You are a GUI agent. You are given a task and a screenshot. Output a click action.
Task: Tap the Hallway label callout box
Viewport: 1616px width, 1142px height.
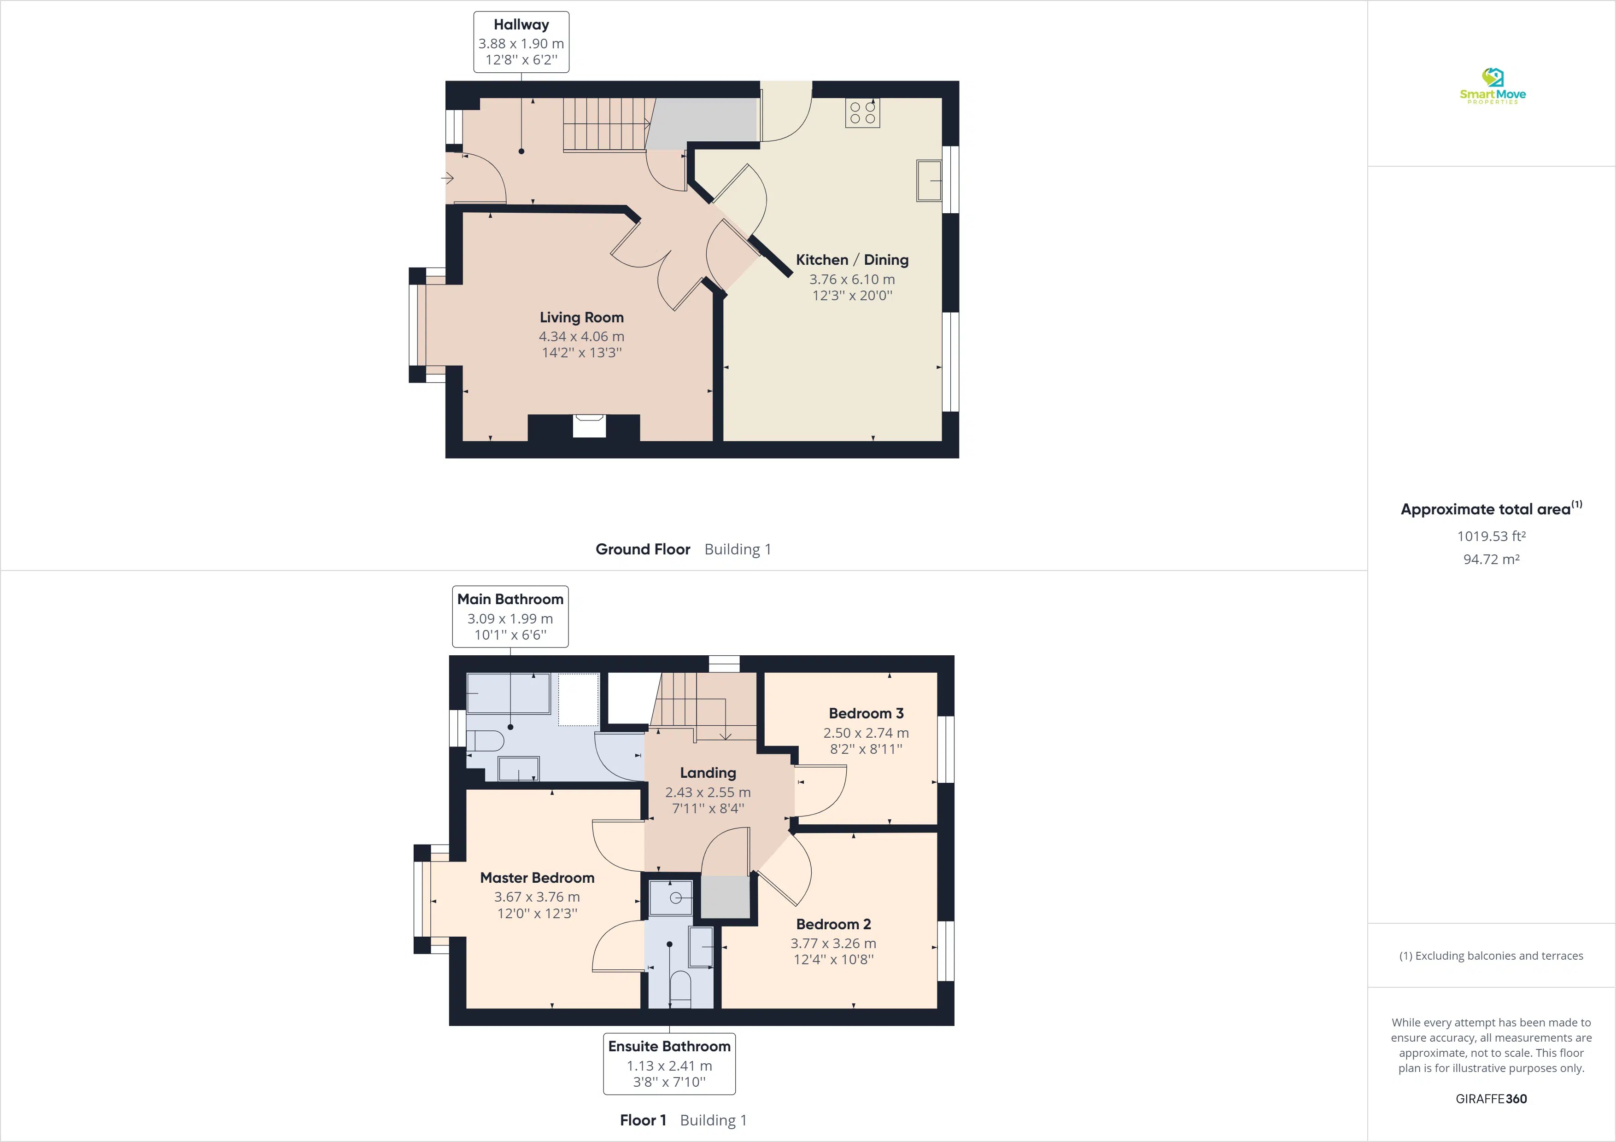(521, 42)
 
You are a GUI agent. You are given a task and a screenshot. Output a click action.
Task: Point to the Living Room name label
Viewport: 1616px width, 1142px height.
(581, 317)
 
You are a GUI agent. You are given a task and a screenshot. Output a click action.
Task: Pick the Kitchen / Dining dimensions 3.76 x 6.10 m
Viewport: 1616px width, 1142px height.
(852, 280)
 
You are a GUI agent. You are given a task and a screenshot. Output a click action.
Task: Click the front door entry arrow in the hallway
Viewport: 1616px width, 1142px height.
(448, 179)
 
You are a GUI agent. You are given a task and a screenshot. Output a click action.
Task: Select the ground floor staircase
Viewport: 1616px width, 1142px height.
(605, 124)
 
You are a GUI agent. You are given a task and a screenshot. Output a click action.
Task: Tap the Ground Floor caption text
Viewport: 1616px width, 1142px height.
(643, 549)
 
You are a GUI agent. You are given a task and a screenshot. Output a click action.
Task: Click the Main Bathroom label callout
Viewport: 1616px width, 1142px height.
(510, 617)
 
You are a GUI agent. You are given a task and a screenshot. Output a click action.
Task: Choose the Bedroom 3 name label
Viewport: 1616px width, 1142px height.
(866, 713)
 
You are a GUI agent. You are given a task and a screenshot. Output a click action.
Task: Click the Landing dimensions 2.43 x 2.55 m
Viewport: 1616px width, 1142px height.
(708, 792)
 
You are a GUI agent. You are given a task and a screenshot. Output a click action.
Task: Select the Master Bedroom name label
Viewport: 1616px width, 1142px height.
(537, 877)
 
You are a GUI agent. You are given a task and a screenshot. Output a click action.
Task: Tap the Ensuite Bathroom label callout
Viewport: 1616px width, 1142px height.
(669, 1063)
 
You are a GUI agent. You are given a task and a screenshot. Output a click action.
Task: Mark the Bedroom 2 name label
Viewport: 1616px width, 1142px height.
(833, 924)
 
